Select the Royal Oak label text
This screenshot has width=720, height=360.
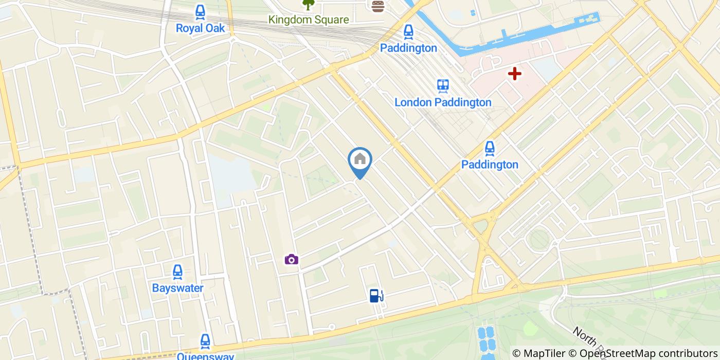pyautogui.click(x=200, y=28)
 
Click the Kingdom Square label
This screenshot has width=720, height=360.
pyautogui.click(x=309, y=20)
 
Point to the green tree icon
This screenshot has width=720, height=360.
pyautogui.click(x=308, y=5)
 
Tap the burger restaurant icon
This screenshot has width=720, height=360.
pyautogui.click(x=379, y=6)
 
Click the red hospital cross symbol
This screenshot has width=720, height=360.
pyautogui.click(x=514, y=74)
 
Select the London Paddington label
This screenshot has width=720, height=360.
pyautogui.click(x=443, y=102)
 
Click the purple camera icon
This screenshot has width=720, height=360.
pyautogui.click(x=292, y=259)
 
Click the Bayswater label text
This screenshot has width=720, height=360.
pyautogui.click(x=177, y=288)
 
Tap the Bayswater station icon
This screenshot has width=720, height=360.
pyautogui.click(x=177, y=272)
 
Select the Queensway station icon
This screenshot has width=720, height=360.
pyautogui.click(x=205, y=340)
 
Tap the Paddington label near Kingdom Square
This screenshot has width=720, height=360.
pyautogui.click(x=408, y=48)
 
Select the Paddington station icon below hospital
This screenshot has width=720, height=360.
pyautogui.click(x=490, y=149)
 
